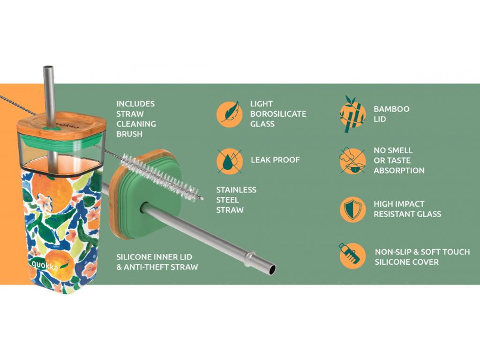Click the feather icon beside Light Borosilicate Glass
(x=230, y=114)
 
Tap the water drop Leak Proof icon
(x=230, y=161)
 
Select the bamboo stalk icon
(x=352, y=114)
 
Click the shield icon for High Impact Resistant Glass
(x=352, y=209)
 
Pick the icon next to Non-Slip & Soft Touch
(x=352, y=255)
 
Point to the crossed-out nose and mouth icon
(x=352, y=161)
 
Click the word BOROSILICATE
(x=278, y=114)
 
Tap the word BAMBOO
(x=391, y=109)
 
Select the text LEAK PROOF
(x=275, y=160)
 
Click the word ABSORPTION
(x=399, y=171)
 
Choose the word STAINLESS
(x=236, y=190)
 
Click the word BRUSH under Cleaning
(x=129, y=134)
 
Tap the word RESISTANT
(x=393, y=214)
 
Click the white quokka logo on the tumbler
(x=45, y=265)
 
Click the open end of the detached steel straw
(x=271, y=270)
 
